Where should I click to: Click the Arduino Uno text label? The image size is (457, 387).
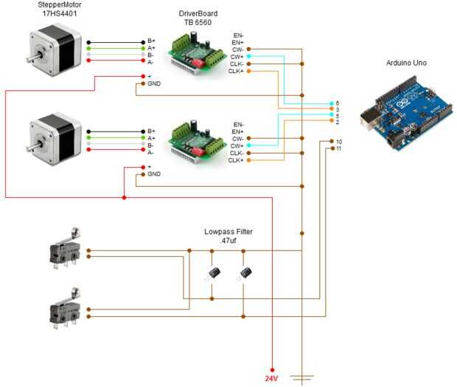(406, 63)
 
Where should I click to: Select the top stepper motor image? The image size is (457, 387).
(52, 52)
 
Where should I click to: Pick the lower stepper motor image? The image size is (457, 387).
(52, 140)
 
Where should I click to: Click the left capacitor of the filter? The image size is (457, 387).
(212, 273)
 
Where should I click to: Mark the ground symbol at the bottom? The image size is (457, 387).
(302, 377)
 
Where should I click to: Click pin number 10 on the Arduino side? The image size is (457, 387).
(338, 141)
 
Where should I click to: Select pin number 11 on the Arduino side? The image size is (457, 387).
(338, 148)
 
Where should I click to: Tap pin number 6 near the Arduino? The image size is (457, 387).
(337, 103)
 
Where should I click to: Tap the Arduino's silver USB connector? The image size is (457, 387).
(371, 115)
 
